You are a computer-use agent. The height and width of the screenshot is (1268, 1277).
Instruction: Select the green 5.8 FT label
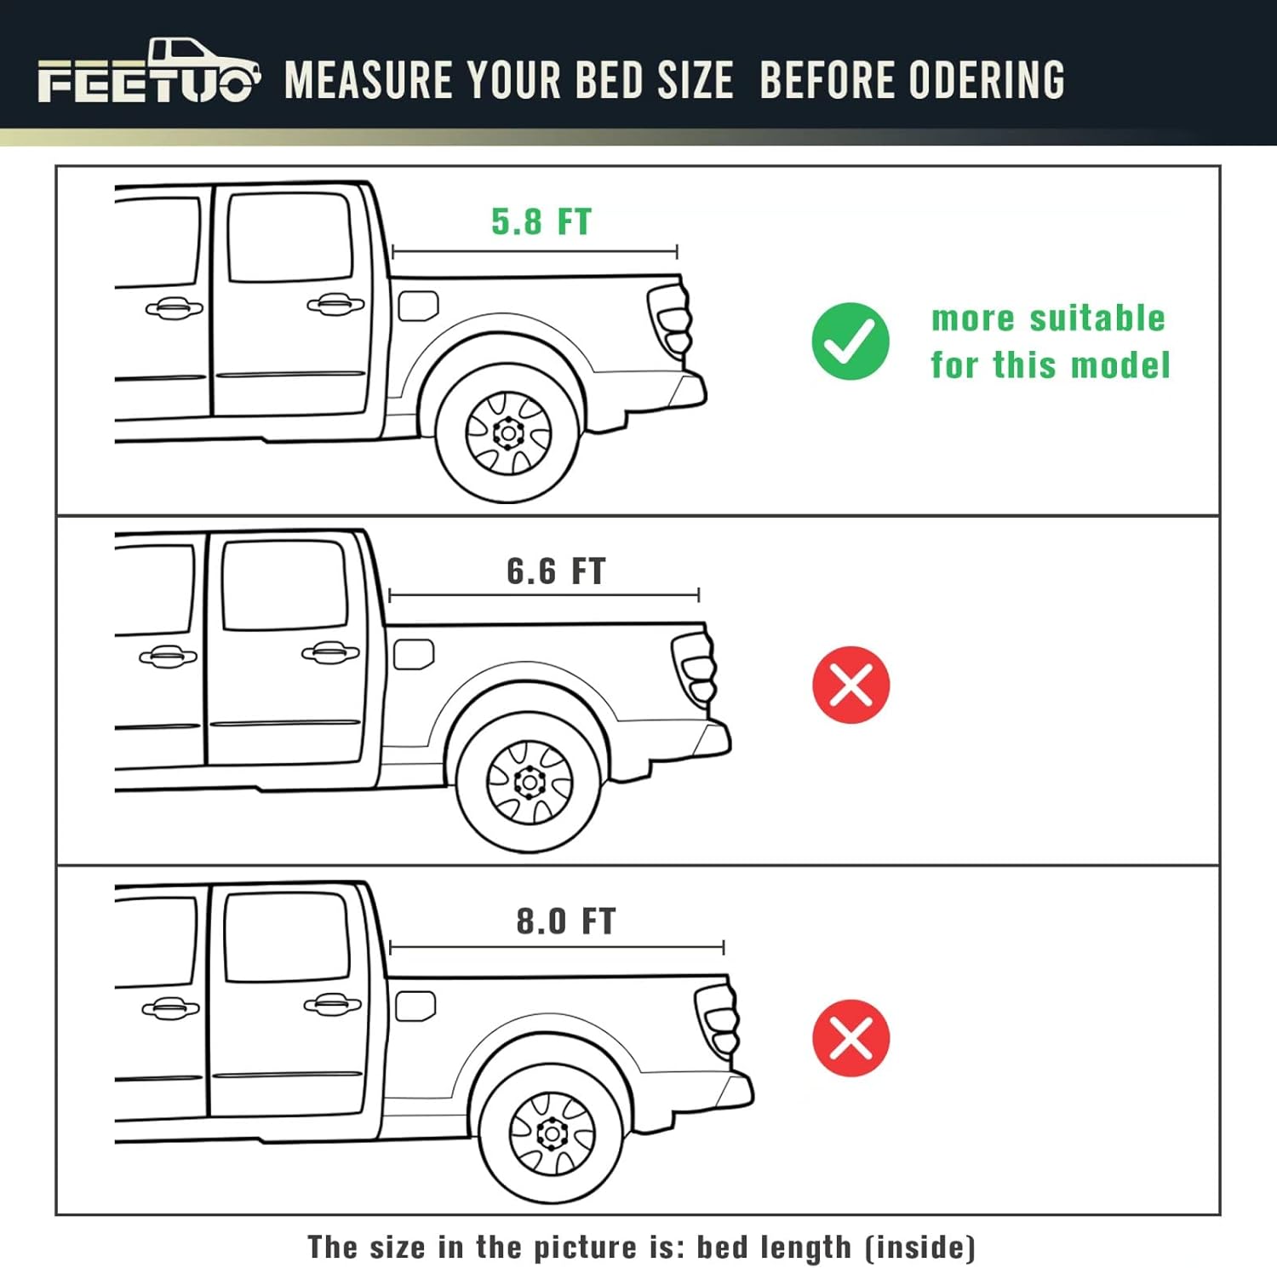click(541, 222)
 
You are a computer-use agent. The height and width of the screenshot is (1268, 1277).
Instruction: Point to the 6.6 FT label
click(556, 571)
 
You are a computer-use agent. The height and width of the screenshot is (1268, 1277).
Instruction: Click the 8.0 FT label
click(566, 921)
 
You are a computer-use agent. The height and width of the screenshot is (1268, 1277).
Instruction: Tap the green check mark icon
click(850, 341)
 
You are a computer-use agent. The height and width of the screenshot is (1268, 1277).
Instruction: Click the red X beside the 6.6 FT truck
click(850, 685)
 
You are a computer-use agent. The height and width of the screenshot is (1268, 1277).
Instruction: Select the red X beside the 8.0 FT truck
click(850, 1038)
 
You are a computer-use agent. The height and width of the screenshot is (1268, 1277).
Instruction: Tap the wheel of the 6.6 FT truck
click(529, 783)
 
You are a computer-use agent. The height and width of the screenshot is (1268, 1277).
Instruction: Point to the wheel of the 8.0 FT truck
click(552, 1133)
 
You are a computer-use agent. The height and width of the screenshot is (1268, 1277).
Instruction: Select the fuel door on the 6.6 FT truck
click(414, 654)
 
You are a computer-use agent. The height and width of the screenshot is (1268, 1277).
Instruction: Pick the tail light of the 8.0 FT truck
click(718, 1020)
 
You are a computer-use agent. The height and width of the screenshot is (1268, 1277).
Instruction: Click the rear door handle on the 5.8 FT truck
click(335, 304)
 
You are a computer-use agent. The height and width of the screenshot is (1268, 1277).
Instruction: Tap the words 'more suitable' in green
click(1048, 318)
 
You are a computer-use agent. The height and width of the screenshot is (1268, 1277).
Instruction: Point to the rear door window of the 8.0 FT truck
click(287, 937)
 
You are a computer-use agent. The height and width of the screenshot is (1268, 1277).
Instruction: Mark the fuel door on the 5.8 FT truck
click(418, 306)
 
